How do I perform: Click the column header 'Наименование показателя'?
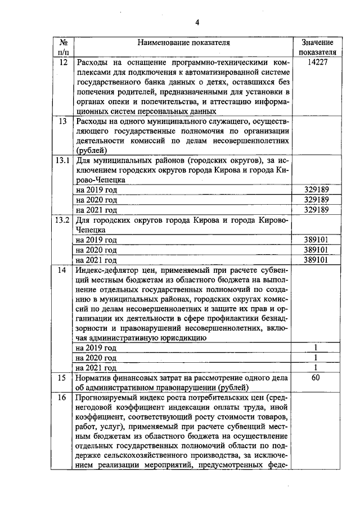[x=183, y=42]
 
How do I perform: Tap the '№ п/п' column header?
[x=63, y=47]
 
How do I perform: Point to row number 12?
[x=63, y=62]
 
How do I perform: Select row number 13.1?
[x=63, y=160]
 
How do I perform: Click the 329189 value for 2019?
[x=317, y=190]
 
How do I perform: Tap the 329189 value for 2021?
[x=317, y=210]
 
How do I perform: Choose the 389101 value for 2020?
[x=317, y=249]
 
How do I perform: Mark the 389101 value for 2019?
[x=317, y=239]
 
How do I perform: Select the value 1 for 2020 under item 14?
[x=317, y=358]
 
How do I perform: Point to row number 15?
[x=63, y=378]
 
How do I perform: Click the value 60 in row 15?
[x=317, y=378]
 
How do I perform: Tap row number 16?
[x=63, y=398]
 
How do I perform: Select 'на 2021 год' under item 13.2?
[x=96, y=259]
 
